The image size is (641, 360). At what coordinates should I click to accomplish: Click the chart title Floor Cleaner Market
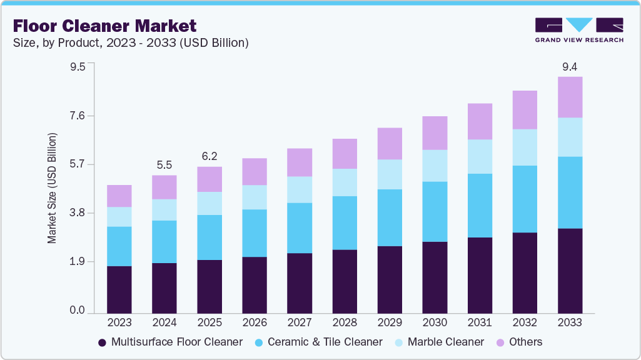coord(104,26)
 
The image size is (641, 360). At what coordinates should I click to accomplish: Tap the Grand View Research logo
coord(578,29)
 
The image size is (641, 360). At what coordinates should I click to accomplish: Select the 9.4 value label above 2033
coord(569,66)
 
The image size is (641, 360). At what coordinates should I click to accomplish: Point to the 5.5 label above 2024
coord(164,165)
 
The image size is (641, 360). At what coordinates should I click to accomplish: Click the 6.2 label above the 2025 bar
coord(209,156)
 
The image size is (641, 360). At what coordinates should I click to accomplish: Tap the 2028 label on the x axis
coord(344,322)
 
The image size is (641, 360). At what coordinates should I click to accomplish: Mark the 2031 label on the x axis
coord(479,322)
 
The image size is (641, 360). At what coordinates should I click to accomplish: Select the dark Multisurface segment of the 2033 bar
coord(569,271)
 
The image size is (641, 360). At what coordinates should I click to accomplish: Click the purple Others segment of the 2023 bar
coord(119,196)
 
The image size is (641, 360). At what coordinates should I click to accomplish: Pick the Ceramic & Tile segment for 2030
coord(434,211)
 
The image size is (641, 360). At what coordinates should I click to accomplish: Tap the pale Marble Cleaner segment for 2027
coord(299,189)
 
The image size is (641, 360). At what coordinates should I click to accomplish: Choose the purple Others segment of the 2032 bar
coord(524,110)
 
